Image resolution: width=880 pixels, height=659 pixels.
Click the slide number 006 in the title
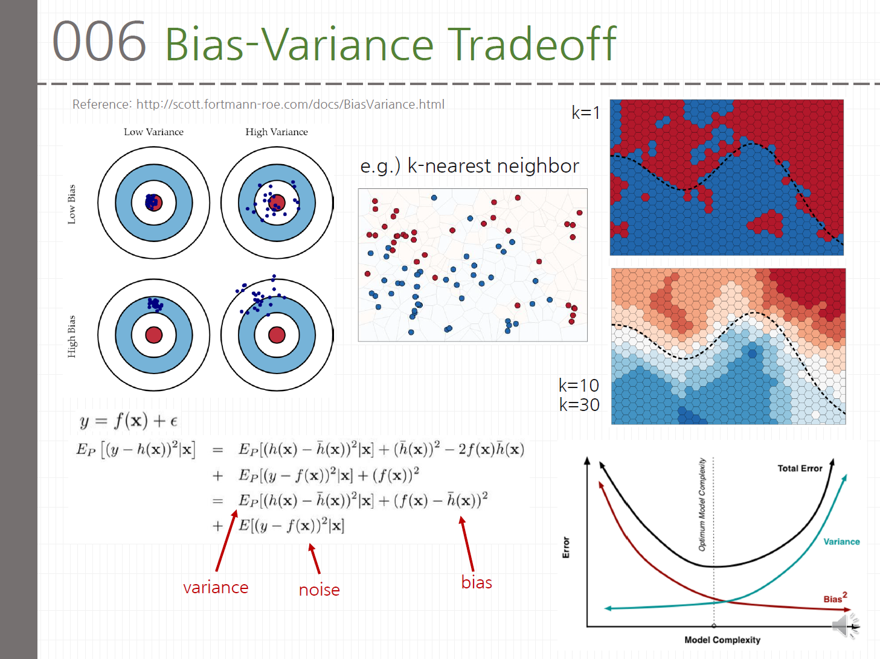(99, 42)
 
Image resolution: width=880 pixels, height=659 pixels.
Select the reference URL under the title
(290, 104)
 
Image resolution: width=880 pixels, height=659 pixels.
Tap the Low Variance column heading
(153, 132)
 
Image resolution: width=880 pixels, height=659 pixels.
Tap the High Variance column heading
(276, 132)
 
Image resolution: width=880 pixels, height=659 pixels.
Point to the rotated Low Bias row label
(72, 205)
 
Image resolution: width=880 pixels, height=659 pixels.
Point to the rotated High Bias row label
(72, 336)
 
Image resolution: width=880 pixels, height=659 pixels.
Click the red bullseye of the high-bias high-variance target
(277, 335)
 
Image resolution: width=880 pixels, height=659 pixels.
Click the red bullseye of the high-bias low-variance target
(154, 335)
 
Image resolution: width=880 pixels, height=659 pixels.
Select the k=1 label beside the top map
(585, 113)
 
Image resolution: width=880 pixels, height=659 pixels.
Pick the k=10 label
(579, 385)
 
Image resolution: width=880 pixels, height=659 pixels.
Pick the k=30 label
(579, 405)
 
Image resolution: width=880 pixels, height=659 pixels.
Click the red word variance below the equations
(216, 587)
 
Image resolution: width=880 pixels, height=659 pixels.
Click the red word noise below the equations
(319, 590)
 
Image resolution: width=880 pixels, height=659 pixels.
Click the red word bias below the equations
(477, 582)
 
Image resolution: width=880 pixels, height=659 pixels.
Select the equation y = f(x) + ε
(129, 421)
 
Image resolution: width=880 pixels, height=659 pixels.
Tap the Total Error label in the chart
(800, 468)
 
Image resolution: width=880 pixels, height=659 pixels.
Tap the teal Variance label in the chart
(841, 542)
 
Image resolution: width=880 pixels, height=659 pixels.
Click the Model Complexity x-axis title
(722, 640)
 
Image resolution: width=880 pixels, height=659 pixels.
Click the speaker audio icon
(844, 626)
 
